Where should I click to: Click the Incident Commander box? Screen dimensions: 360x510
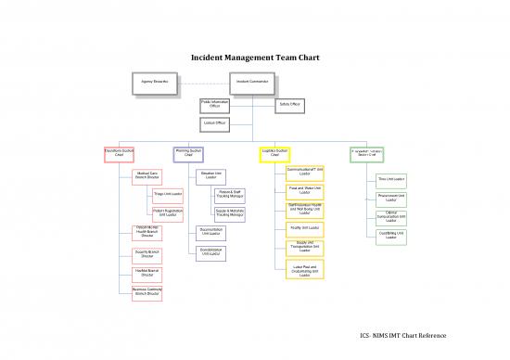coord(251,82)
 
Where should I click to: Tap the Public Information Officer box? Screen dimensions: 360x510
coord(214,105)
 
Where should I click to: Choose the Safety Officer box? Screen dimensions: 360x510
coord(288,104)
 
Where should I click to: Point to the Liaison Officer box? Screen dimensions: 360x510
coord(214,124)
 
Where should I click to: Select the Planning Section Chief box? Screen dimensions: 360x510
coord(188,153)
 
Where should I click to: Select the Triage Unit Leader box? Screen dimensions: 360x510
coord(168,195)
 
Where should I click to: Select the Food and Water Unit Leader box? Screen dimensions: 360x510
coord(306,190)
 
